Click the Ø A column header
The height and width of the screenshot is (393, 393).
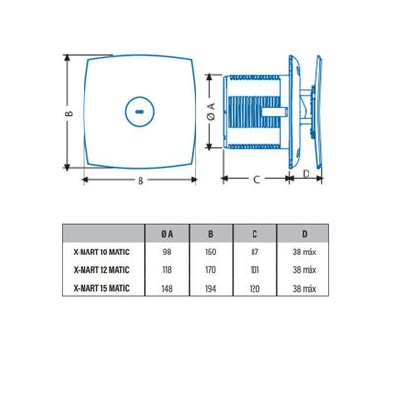168,234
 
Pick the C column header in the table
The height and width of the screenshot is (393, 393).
254,234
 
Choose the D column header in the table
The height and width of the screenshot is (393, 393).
303,234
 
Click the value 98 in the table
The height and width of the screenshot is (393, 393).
168,251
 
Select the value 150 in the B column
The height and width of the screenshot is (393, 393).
210,251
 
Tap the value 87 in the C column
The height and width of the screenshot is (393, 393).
254,251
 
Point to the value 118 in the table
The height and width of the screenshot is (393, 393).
168,268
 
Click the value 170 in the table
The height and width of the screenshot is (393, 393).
210,268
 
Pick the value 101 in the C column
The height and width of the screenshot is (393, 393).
254,268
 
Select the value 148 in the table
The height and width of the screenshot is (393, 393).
168,286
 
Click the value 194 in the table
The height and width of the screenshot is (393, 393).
210,286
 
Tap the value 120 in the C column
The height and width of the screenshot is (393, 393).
254,286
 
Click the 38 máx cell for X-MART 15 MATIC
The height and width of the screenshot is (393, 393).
303,286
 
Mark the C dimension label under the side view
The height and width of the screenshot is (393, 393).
255,179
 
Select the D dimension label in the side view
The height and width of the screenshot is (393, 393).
305,173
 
